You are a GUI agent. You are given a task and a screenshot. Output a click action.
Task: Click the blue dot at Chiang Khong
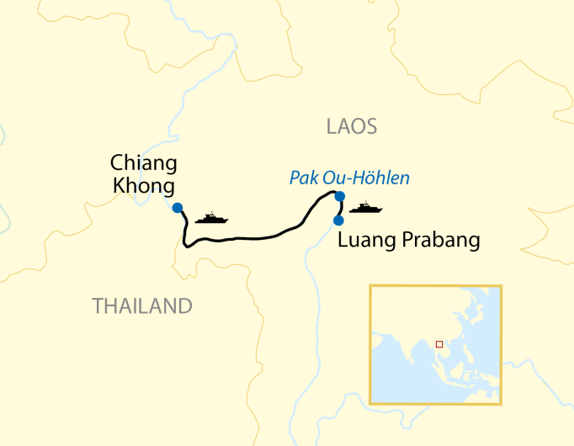[x=177, y=208]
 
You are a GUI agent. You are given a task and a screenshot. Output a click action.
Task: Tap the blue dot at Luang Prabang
[x=338, y=220]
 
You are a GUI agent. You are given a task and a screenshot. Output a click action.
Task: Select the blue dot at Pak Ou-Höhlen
[x=339, y=197]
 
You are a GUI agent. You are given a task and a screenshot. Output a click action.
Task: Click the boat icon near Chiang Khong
[x=211, y=219]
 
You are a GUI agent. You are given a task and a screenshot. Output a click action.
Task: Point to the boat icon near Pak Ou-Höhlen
[x=366, y=207]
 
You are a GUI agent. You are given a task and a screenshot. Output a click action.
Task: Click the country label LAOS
[x=351, y=127]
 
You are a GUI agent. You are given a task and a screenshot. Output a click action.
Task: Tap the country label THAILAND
[x=142, y=306]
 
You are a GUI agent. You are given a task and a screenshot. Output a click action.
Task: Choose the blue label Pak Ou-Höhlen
[x=349, y=178]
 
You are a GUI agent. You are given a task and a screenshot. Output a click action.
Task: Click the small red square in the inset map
[x=438, y=343]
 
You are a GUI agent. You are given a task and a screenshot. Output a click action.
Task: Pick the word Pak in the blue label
[x=302, y=178]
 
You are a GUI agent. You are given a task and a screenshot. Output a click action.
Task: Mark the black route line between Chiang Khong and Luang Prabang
[x=252, y=238]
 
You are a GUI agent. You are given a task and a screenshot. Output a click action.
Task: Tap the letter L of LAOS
[x=331, y=127]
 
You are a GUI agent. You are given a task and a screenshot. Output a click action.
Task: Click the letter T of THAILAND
[x=98, y=306]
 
